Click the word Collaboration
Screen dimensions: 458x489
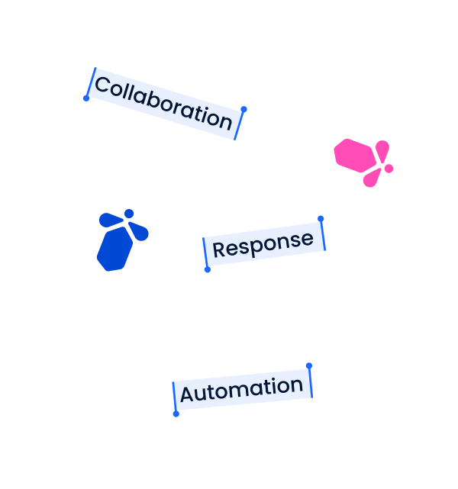[x=163, y=103]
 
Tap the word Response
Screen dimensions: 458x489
[x=263, y=244]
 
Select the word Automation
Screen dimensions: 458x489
[x=241, y=390]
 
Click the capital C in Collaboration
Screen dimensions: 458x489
[x=102, y=85]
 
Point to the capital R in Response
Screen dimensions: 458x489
[x=218, y=250]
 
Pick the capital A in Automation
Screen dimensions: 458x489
[x=187, y=394]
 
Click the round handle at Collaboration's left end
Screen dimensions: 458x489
[x=86, y=98]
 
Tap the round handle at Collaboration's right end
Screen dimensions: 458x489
[x=244, y=109]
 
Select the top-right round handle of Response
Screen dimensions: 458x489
[x=321, y=219]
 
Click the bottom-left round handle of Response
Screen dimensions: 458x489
[x=208, y=270]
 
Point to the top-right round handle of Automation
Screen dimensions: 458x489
[x=309, y=366]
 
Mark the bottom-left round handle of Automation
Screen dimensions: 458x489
[x=176, y=414]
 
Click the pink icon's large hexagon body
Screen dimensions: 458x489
[x=355, y=156]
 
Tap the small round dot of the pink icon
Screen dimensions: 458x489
[x=389, y=169]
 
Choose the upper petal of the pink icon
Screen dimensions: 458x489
[x=382, y=150]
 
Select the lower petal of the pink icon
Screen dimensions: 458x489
[x=373, y=179]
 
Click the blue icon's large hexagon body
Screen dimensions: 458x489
[x=114, y=249]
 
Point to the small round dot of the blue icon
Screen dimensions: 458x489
[x=129, y=214]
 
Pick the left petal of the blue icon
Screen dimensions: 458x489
[x=110, y=220]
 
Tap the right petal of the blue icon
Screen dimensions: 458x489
[x=139, y=231]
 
